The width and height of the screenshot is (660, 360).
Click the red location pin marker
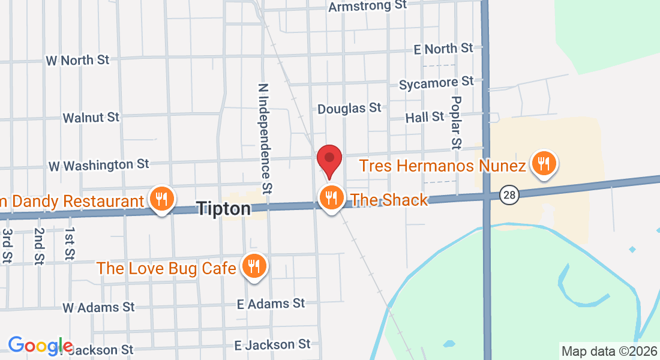coord(329,160)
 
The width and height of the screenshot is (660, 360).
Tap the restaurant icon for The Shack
coord(331,197)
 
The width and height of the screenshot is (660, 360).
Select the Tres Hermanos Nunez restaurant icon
coord(544,163)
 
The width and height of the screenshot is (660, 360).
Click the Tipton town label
coord(224,209)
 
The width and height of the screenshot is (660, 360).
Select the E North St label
coord(443,49)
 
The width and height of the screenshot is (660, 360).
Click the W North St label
coord(77,60)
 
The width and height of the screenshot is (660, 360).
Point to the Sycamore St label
coord(436,83)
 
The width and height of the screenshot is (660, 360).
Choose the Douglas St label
coord(349,108)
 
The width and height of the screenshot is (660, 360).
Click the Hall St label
coord(425,117)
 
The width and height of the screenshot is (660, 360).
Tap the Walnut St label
coord(91,117)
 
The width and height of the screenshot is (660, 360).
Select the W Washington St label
coord(98,164)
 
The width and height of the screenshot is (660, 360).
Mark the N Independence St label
coord(264,139)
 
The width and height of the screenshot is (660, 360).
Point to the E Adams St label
coord(271,304)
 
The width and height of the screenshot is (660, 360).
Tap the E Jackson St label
coord(272,344)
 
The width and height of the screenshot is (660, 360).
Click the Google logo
coord(40,346)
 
